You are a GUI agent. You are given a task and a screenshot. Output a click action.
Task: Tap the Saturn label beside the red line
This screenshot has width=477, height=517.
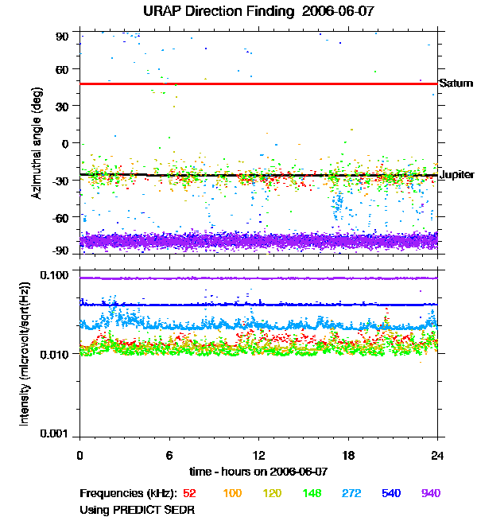coord(456,84)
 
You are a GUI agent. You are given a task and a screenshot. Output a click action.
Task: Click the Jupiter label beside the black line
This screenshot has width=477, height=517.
coord(457,175)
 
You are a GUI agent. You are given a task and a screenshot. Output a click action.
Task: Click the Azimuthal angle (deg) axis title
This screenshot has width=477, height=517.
coord(37,143)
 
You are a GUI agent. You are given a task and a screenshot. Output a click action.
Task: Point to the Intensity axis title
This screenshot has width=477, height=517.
coord(25,354)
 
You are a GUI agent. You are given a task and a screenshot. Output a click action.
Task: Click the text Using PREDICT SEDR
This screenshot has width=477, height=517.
coord(137,509)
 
